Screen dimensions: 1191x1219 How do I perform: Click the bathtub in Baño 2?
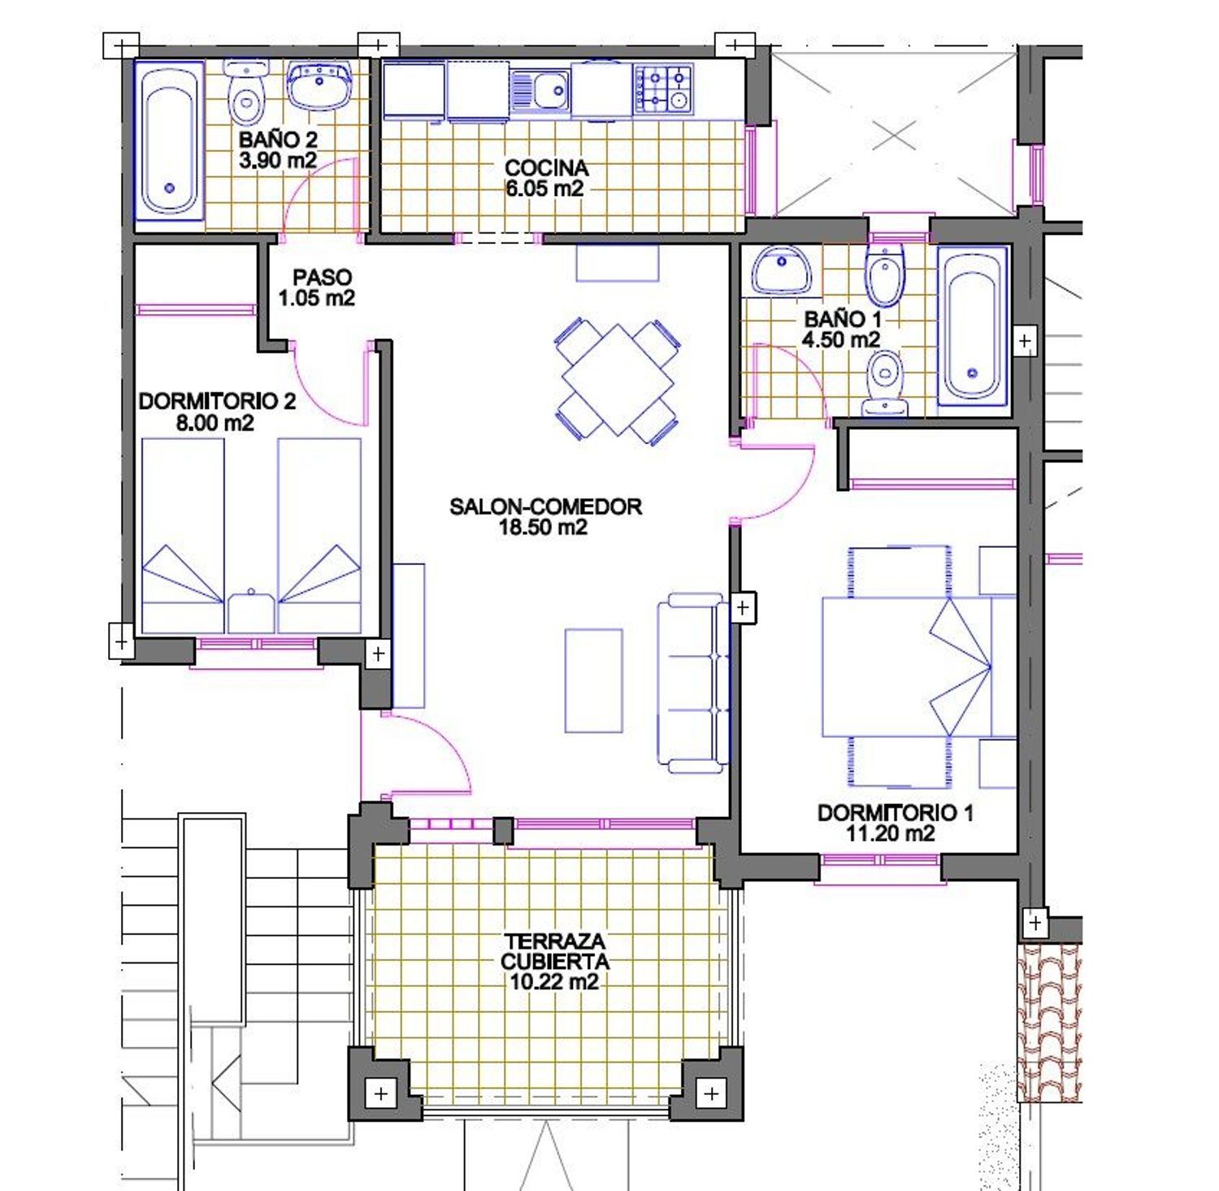click(x=169, y=140)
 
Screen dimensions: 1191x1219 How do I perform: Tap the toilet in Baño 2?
click(x=245, y=93)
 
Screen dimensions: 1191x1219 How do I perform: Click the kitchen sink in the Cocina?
click(x=541, y=90)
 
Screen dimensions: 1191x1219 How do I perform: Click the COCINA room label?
click(x=546, y=168)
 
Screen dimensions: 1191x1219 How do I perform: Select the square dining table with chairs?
click(x=618, y=380)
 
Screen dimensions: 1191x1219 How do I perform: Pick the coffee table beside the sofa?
click(x=593, y=680)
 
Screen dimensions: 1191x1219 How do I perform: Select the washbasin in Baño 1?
click(x=781, y=271)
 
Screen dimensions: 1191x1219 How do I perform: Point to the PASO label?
click(x=322, y=277)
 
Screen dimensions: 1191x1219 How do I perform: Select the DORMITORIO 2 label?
click(x=217, y=401)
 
